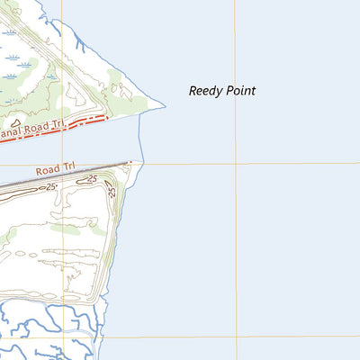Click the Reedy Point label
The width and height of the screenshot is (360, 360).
click(222, 91)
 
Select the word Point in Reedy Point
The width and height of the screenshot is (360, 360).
click(240, 91)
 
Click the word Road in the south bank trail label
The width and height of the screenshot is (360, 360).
click(50, 170)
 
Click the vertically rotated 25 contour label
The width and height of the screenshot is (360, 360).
click(112, 192)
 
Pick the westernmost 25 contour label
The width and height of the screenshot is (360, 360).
click(51, 186)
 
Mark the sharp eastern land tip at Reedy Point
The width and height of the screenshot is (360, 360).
click(165, 106)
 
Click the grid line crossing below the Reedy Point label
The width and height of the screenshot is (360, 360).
click(236, 164)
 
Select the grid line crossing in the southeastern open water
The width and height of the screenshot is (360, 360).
click(237, 337)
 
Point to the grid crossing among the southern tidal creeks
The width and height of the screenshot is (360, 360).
click(63, 339)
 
